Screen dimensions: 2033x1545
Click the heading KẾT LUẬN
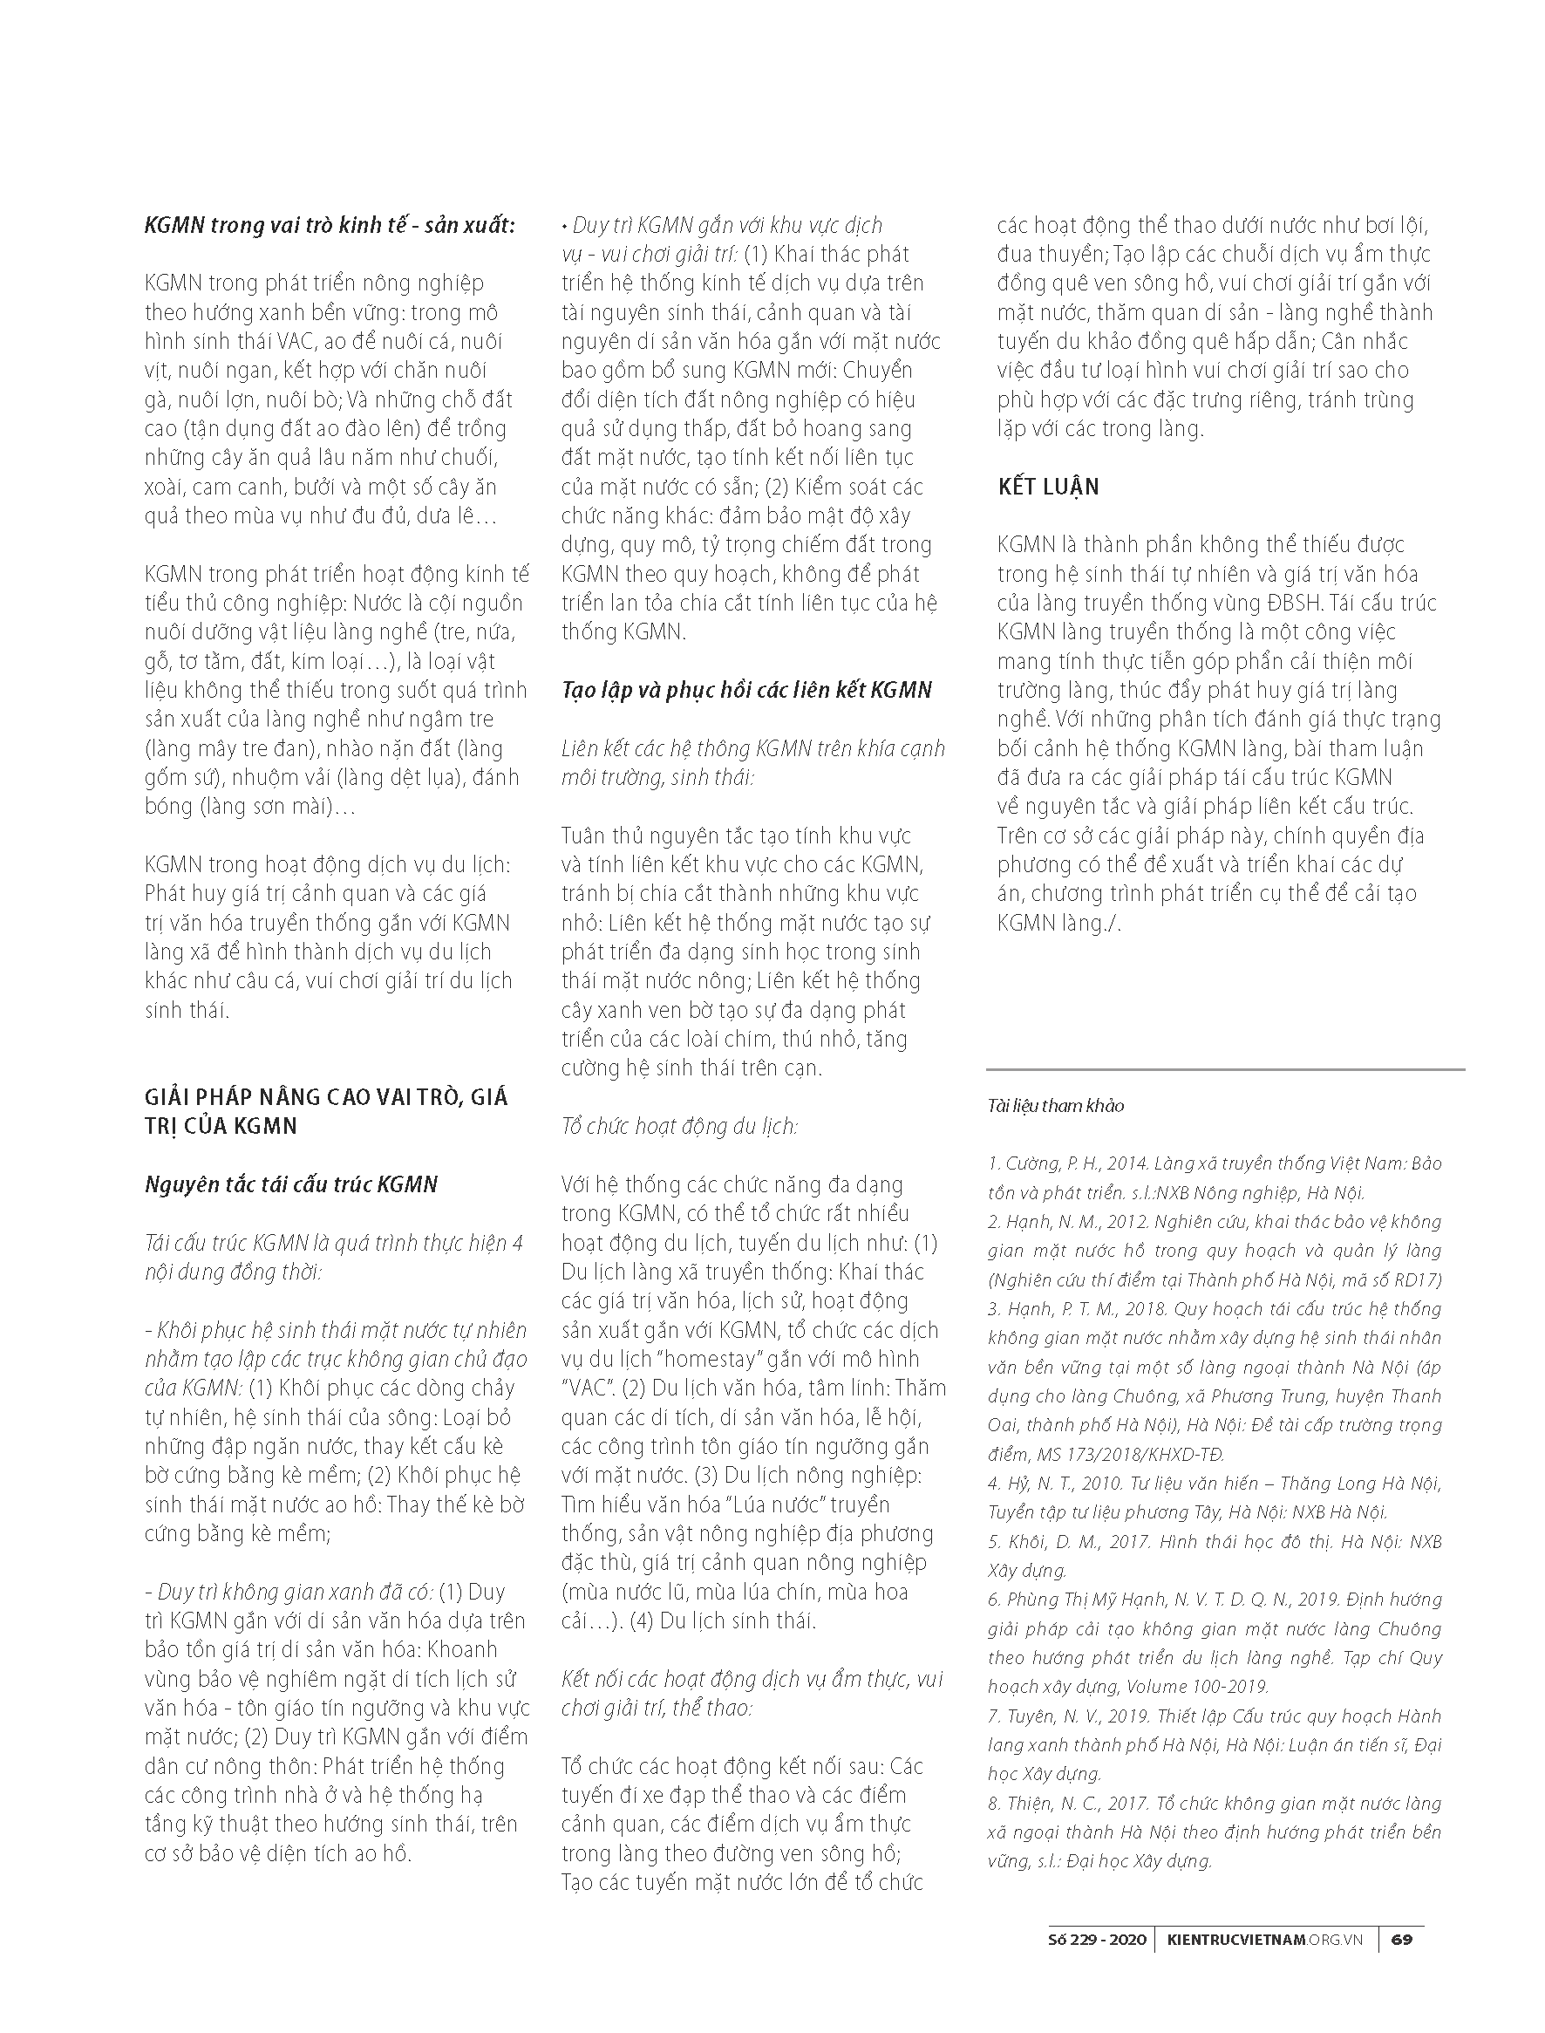tap(1048, 487)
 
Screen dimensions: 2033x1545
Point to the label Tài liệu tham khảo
tap(1056, 1106)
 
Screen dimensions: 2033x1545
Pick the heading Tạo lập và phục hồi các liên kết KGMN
tap(746, 691)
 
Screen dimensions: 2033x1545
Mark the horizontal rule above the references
tap(1225, 1070)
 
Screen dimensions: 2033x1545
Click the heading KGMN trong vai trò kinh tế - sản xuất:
tap(330, 225)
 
